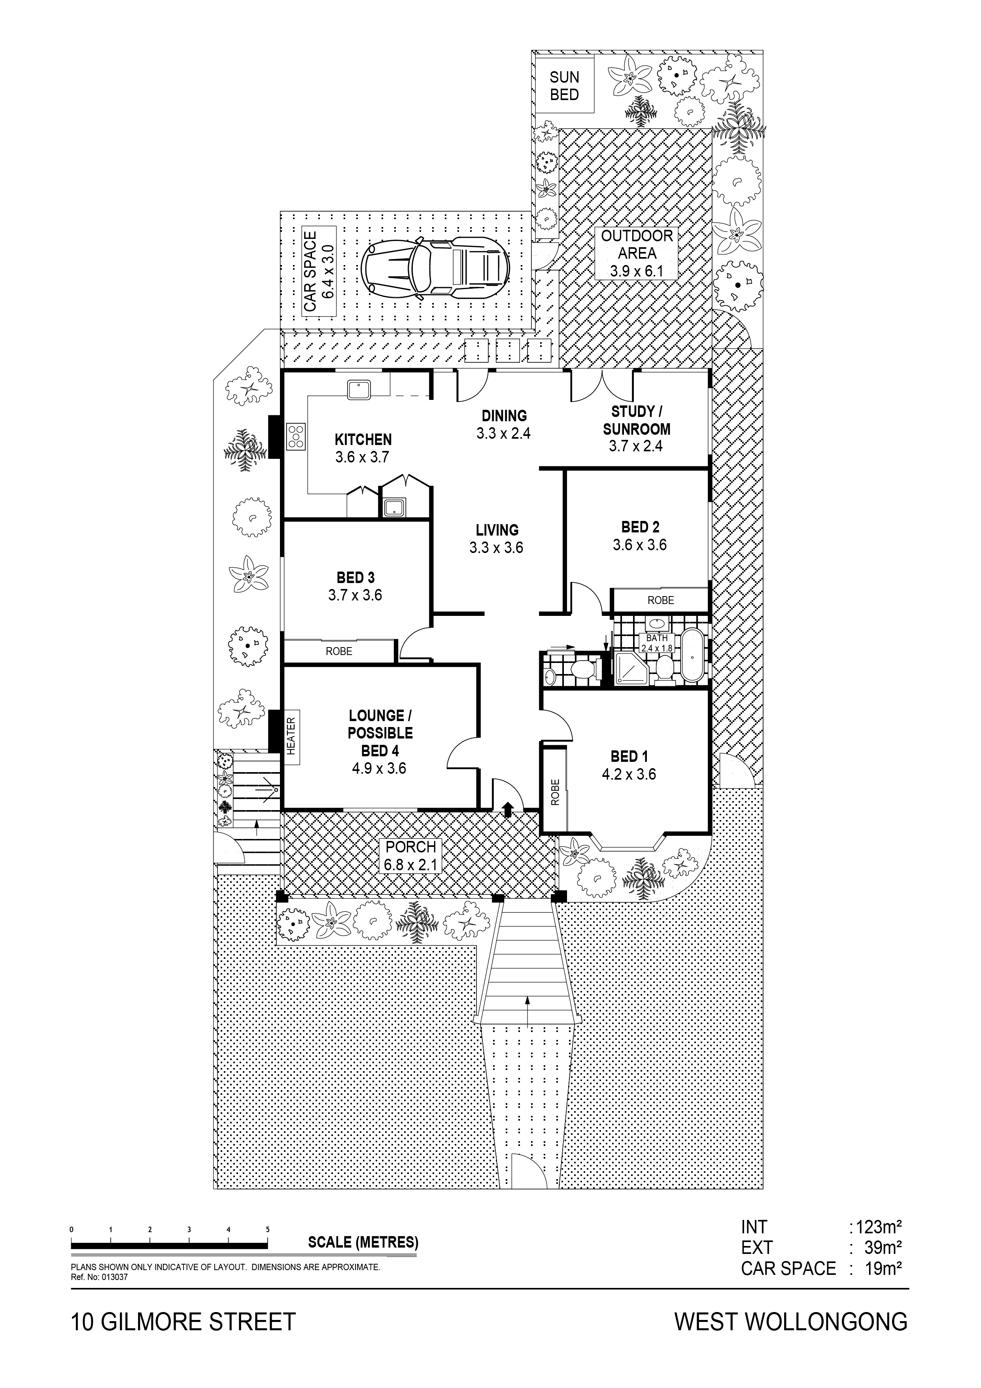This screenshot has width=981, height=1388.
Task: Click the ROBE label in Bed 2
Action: click(661, 600)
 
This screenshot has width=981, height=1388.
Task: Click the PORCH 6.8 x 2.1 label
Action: click(410, 856)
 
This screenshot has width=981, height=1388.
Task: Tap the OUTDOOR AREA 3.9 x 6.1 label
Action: click(637, 253)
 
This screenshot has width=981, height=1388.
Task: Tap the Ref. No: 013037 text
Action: click(100, 1277)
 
